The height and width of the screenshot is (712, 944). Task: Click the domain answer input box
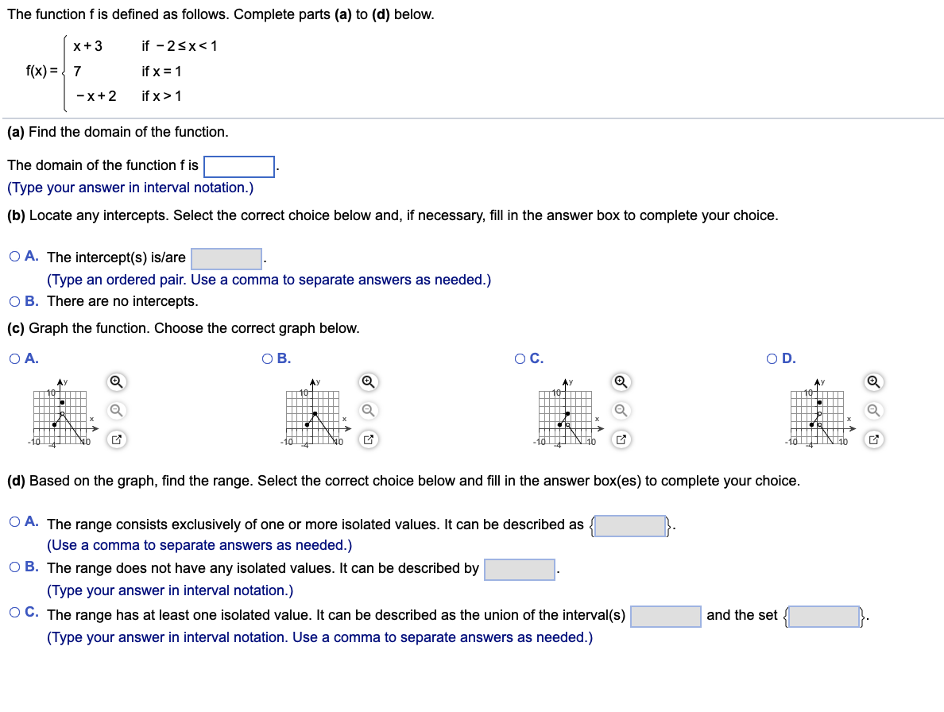pos(239,166)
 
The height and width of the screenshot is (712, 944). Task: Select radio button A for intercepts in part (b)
pos(16,257)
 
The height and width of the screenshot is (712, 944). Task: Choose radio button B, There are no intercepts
pos(16,301)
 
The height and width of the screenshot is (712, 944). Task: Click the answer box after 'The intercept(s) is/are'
pos(226,259)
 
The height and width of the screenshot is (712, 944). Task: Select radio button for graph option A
pos(16,358)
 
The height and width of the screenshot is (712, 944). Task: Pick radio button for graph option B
pos(268,358)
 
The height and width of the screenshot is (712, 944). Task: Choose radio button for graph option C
pos(519,358)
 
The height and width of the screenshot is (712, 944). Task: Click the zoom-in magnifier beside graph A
pos(116,382)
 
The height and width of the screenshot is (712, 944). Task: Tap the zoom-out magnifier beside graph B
pos(368,410)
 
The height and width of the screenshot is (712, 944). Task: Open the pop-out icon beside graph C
pos(621,439)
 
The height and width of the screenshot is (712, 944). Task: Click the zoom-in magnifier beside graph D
pos(873,382)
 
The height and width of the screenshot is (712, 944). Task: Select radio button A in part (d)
pos(16,522)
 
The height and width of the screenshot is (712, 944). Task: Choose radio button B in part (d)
pos(16,567)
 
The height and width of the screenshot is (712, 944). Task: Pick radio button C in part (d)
pos(16,613)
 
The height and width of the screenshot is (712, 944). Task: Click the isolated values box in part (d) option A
pos(630,526)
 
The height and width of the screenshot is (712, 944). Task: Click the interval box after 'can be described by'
pos(520,570)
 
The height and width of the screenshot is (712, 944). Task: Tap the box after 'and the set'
pos(824,617)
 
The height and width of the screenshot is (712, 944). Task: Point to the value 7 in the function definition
pos(77,72)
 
